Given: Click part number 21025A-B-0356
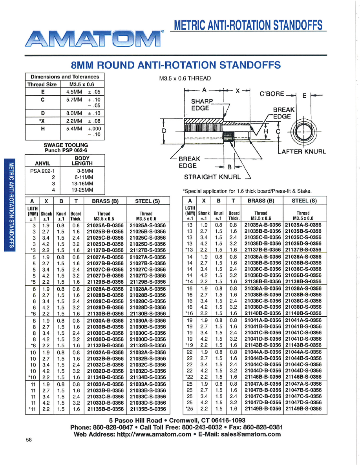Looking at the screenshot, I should pyautogui.click(x=104, y=226).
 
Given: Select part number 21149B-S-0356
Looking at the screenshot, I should pyautogui.click(x=303, y=408).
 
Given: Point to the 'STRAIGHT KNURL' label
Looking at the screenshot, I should pyautogui.click(x=212, y=177).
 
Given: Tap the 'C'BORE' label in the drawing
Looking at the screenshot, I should pyautogui.click(x=272, y=94).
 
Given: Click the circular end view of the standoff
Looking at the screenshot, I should pyautogui.click(x=303, y=131).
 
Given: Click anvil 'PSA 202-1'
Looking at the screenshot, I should pyautogui.click(x=42, y=171).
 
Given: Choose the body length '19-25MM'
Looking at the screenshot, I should pyautogui.click(x=82, y=190).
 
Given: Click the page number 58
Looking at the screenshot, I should pyautogui.click(x=29, y=440).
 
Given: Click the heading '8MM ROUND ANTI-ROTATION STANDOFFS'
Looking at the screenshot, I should pyautogui.click(x=175, y=65).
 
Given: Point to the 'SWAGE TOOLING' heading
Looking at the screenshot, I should pyautogui.click(x=66, y=145).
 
